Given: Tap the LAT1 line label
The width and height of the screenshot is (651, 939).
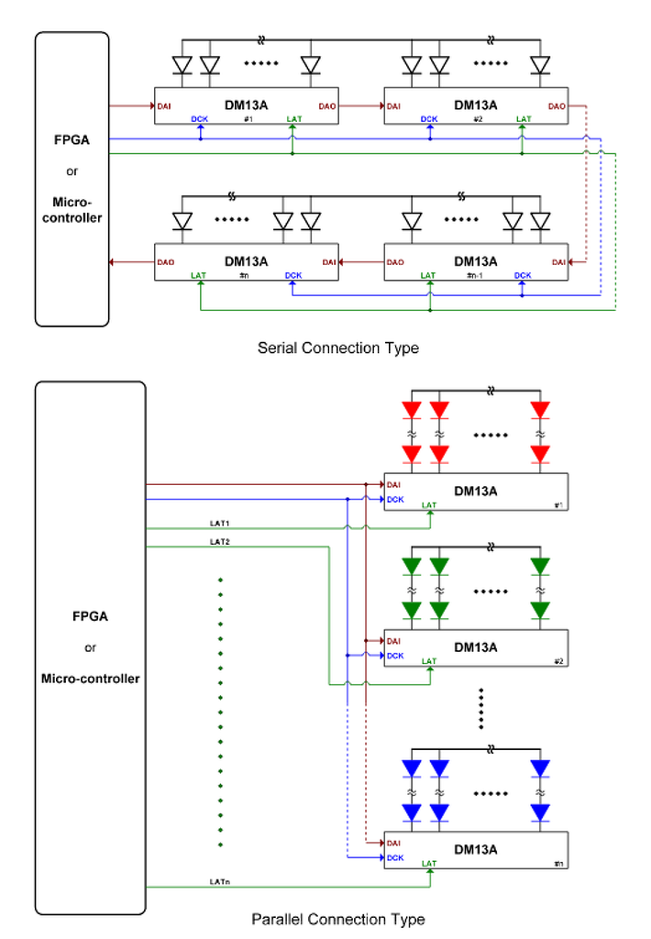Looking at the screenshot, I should (220, 524).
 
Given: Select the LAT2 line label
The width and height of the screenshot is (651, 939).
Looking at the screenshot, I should (220, 542).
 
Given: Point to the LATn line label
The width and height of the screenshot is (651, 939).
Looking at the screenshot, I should (220, 882).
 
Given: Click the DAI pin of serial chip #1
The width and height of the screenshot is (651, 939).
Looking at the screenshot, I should (165, 106).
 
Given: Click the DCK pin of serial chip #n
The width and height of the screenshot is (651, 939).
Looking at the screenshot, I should (292, 275).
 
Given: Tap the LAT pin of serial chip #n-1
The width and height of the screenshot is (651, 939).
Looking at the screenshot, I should (428, 275).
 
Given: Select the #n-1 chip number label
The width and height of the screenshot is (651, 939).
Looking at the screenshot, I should (475, 276).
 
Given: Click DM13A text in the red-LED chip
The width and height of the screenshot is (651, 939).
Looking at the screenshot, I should (476, 491).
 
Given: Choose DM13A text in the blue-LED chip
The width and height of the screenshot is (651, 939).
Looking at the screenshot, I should (476, 849).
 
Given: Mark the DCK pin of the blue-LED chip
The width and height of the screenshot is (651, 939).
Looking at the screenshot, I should (395, 858).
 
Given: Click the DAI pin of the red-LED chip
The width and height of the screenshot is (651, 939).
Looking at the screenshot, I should (394, 484).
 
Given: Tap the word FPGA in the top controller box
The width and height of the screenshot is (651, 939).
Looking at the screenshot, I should (72, 142).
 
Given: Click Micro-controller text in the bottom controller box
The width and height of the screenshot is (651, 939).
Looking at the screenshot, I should (90, 679).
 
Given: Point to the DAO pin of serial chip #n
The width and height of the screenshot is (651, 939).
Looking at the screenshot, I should (166, 262).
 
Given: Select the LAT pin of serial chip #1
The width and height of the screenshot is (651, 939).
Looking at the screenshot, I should (293, 119).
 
